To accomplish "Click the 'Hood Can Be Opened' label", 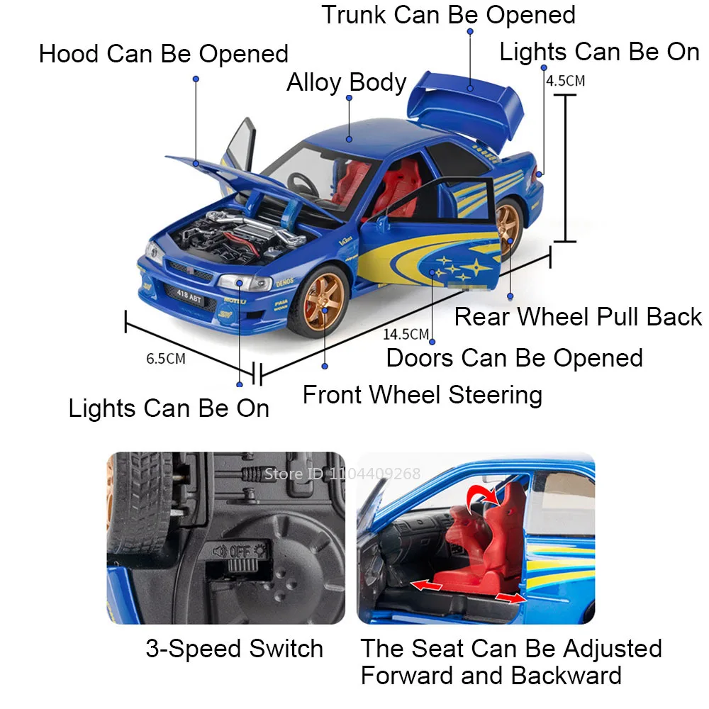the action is tap(164, 54).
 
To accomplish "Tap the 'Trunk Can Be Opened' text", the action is tap(449, 15).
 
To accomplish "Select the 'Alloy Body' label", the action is tap(346, 83).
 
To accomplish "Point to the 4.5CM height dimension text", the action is tap(565, 80).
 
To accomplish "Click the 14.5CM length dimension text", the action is tap(406, 334).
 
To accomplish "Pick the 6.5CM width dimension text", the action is tap(166, 358).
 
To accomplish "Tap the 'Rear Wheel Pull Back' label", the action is tap(578, 317).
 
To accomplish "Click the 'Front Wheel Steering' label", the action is tap(423, 395).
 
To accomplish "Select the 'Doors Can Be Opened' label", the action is tap(515, 358).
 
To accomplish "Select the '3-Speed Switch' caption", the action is tap(234, 649).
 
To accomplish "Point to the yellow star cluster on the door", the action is tap(455, 270).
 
